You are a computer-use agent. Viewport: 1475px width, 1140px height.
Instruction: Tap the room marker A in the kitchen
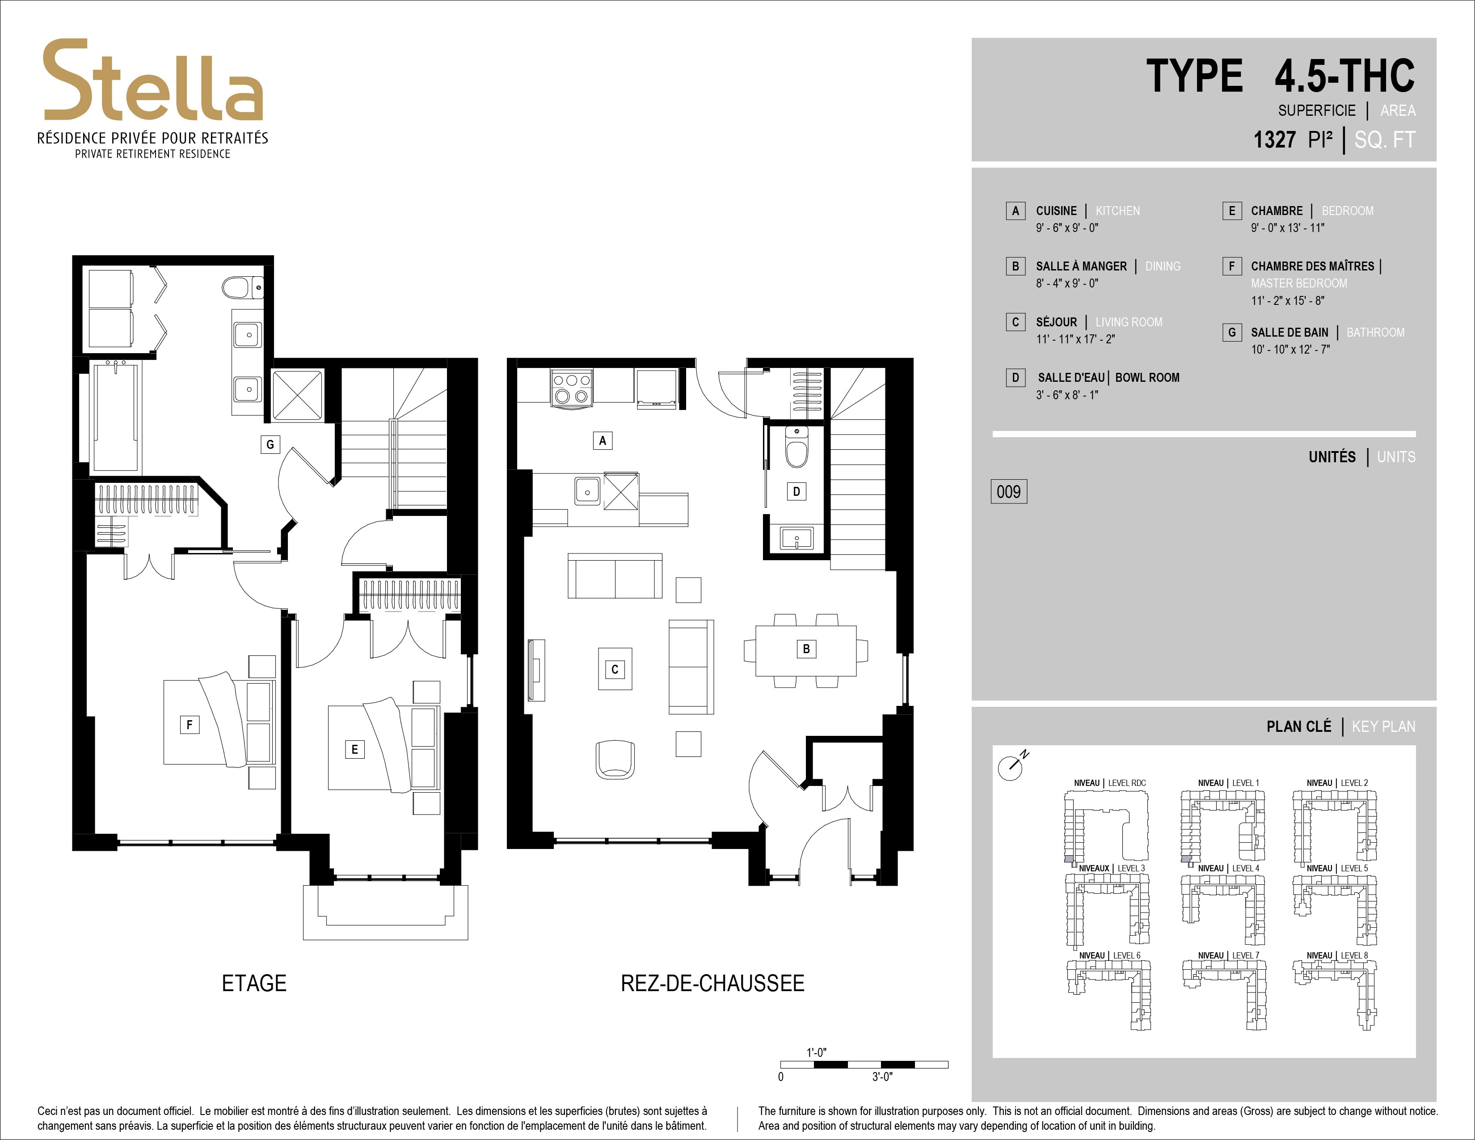603,441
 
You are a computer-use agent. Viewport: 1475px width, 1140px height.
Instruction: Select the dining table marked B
806,650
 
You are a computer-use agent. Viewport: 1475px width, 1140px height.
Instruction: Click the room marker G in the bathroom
270,444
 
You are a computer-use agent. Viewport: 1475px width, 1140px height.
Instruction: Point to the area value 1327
1274,140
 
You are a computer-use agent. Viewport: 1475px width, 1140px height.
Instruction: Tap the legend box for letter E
1232,211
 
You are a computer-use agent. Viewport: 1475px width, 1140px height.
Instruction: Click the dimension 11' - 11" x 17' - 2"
1075,339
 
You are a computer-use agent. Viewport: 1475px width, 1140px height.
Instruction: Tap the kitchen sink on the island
587,491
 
